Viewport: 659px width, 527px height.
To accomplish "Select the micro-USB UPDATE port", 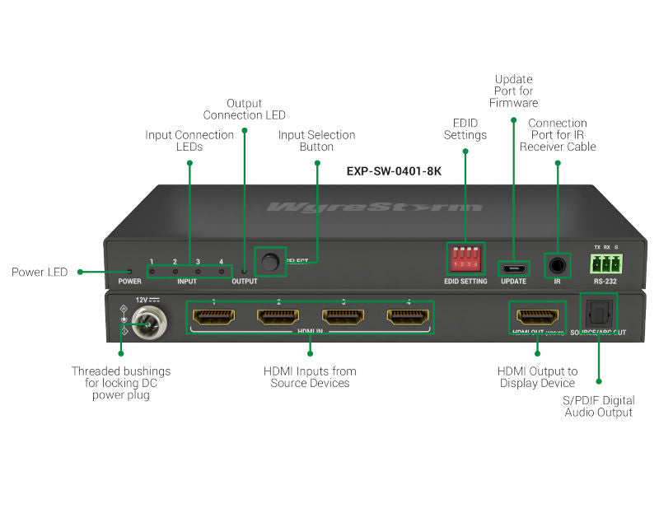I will click(x=514, y=268).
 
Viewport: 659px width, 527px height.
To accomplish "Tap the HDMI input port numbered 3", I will click(x=344, y=317).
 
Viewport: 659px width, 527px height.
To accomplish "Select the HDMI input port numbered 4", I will click(x=409, y=317).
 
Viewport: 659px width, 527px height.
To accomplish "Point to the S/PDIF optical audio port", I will click(x=598, y=313).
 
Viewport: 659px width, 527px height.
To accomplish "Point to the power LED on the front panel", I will click(x=129, y=271).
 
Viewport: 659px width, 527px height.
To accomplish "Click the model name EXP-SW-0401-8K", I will click(x=394, y=172).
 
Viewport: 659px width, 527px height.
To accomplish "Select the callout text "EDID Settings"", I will click(x=465, y=129).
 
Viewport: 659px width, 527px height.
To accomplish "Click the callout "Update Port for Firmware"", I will click(x=513, y=91).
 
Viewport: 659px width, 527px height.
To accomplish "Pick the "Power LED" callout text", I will click(x=39, y=272).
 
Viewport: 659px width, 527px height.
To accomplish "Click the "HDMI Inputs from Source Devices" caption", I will click(x=310, y=377).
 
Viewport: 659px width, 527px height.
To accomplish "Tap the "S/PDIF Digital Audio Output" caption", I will click(x=599, y=406).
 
